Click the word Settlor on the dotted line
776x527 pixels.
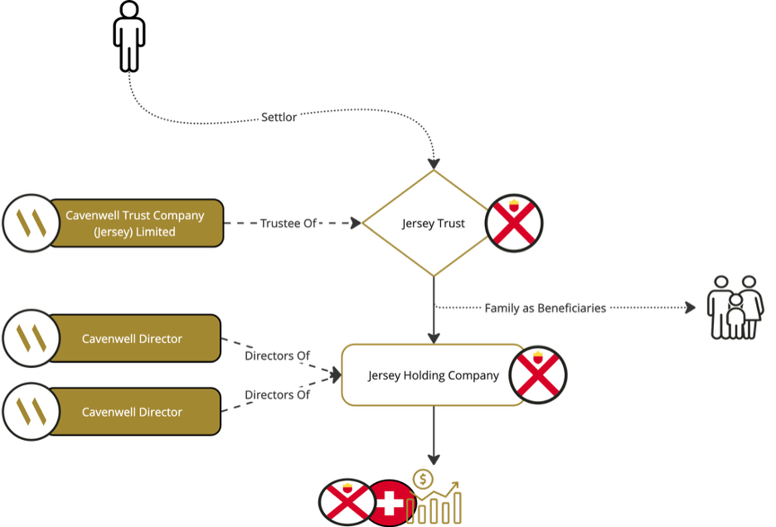click(279, 118)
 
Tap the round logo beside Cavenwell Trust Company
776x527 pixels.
click(31, 223)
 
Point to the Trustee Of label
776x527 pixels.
click(289, 224)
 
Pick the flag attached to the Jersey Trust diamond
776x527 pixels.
click(514, 223)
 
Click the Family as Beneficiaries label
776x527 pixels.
click(545, 308)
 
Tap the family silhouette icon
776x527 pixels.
click(735, 307)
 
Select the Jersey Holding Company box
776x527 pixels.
click(433, 375)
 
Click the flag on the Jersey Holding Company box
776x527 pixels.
click(537, 375)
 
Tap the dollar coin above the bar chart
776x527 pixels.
click(423, 479)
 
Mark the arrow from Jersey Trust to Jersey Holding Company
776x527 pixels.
click(433, 311)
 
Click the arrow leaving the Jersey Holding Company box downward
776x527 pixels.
click(433, 436)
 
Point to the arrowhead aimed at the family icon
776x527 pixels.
click(691, 308)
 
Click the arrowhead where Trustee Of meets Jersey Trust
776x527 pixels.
click(356, 223)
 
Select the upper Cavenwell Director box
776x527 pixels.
click(132, 338)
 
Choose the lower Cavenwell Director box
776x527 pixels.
click(132, 412)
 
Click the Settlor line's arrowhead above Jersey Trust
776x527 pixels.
click(433, 162)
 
